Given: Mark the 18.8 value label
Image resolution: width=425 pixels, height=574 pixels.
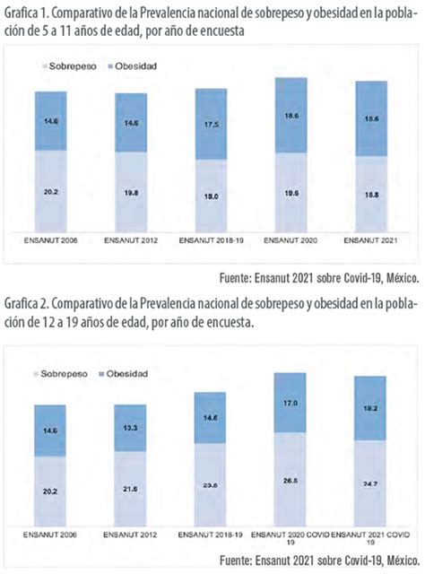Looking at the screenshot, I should click(x=369, y=194).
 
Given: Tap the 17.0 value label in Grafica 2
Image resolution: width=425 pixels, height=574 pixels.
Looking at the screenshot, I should click(x=290, y=404).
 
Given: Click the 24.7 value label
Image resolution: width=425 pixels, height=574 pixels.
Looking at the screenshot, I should click(x=369, y=483).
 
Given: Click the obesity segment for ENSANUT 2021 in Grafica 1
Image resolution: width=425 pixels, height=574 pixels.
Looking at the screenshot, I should click(x=369, y=121).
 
